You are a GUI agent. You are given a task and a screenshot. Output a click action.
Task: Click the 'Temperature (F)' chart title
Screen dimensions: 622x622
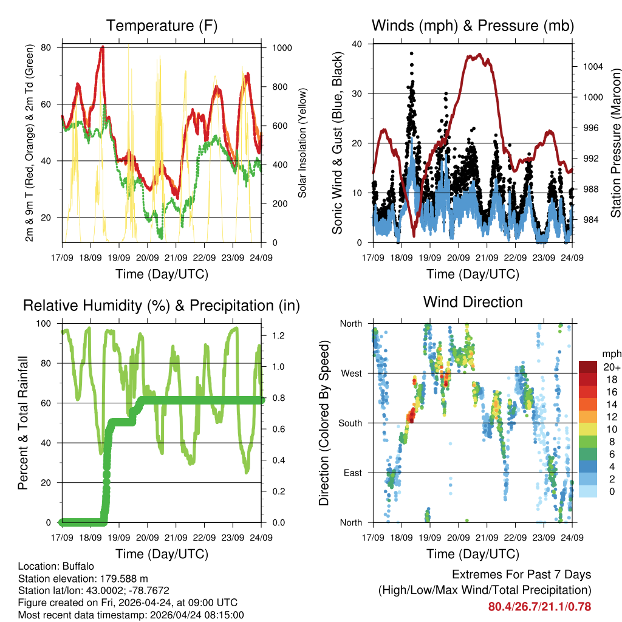pyautogui.click(x=162, y=26)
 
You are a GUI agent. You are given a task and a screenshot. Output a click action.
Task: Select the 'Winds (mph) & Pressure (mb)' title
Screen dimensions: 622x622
pyautogui.click(x=473, y=26)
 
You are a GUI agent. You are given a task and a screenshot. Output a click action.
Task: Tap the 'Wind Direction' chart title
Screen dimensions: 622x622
pyautogui.click(x=473, y=302)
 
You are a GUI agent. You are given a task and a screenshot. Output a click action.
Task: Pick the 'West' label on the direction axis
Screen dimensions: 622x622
pyautogui.click(x=350, y=373)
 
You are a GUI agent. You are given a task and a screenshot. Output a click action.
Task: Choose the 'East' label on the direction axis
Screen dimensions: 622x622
pyautogui.click(x=352, y=473)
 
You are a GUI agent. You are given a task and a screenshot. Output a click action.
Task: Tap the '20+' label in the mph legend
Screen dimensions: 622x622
pyautogui.click(x=612, y=367)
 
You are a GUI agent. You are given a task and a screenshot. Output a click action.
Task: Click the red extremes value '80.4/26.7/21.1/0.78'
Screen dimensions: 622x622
pyautogui.click(x=539, y=606)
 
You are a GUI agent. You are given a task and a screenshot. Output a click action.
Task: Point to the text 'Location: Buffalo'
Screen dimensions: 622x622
pyautogui.click(x=56, y=567)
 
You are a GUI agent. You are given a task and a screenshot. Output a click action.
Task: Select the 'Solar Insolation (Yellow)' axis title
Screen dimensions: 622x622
pyautogui.click(x=302, y=143)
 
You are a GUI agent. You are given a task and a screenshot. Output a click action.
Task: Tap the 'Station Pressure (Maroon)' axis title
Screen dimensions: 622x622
pyautogui.click(x=614, y=143)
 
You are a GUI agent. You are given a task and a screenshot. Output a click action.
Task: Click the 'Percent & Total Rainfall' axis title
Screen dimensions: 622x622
pyautogui.click(x=23, y=423)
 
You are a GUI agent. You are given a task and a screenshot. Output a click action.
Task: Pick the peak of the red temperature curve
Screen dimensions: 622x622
pyautogui.click(x=103, y=47)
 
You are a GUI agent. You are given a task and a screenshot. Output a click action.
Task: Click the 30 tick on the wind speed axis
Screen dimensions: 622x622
pyautogui.click(x=358, y=94)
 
